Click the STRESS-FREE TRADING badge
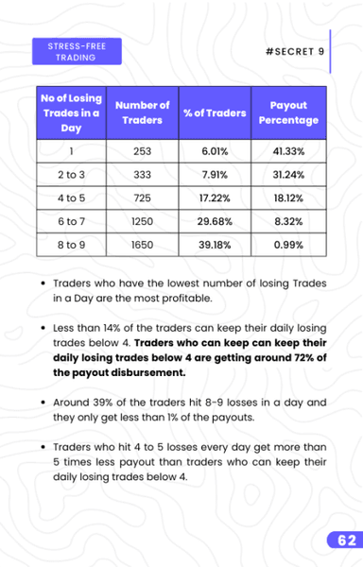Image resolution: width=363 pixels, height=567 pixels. pos(68,51)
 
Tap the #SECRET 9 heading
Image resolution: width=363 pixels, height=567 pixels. pos(294,51)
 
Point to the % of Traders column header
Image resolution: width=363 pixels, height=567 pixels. pos(215,113)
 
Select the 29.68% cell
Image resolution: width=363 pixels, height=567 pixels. pos(215,219)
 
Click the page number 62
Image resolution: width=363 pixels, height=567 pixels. pos(341,541)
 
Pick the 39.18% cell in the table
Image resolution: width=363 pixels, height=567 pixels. pos(215,244)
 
